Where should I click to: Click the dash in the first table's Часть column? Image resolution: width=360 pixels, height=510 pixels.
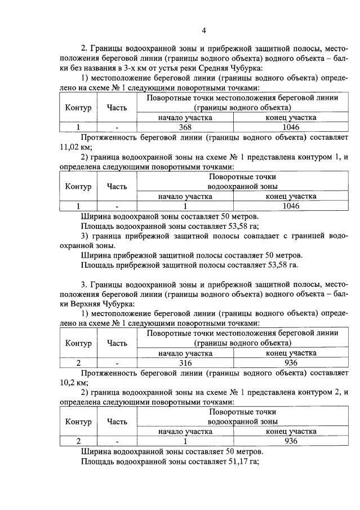pos(117,127)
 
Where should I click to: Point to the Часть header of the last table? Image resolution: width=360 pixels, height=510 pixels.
pos(117,421)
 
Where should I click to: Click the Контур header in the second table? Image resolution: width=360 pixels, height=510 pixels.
pos(78,186)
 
